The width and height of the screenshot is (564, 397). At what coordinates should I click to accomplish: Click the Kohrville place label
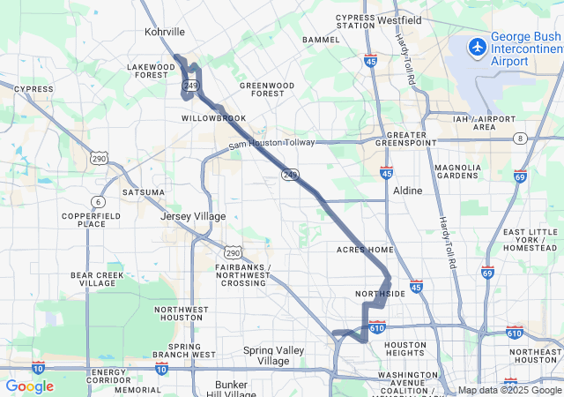(x=164, y=32)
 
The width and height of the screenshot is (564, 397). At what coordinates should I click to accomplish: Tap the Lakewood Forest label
(x=152, y=71)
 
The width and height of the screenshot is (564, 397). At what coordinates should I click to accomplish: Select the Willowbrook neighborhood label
(x=214, y=117)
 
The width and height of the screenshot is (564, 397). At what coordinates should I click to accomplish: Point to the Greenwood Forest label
(x=268, y=89)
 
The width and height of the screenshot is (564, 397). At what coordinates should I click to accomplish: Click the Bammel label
(x=320, y=41)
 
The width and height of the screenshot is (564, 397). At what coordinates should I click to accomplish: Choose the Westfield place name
(x=399, y=19)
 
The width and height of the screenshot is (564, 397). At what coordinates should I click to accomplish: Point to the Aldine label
(x=407, y=191)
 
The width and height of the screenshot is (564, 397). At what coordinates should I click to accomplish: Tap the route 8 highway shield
(x=522, y=139)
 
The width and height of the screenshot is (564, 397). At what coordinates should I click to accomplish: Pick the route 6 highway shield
(x=98, y=202)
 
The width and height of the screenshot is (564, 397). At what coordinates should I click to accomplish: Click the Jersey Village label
(x=193, y=216)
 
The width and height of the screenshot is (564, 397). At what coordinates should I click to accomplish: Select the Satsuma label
(x=143, y=191)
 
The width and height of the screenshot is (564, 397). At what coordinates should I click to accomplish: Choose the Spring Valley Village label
(x=273, y=356)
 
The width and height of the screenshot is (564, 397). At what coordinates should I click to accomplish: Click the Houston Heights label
(x=405, y=349)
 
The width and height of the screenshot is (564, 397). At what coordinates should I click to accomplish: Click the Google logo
(x=29, y=386)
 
